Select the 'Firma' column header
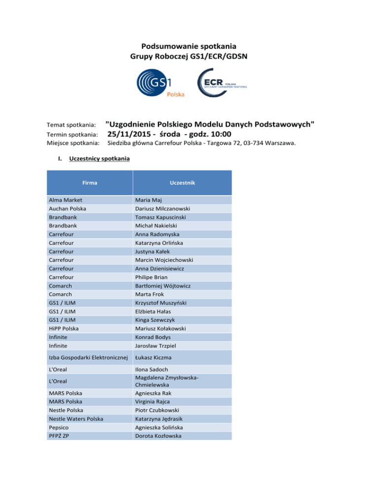(90, 182)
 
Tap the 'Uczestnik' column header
(183, 182)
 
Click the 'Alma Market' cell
(65, 200)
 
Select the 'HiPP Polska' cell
(64, 328)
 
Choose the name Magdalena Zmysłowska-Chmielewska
(168, 381)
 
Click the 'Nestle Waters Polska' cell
(75, 418)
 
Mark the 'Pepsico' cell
(59, 427)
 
